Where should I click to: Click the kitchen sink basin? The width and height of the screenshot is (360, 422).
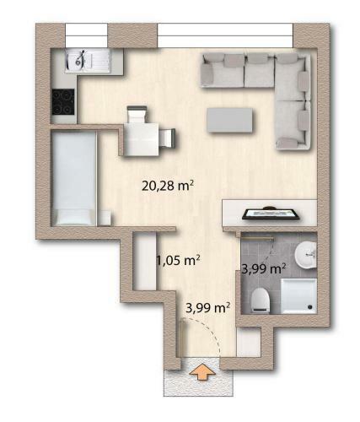[81, 59]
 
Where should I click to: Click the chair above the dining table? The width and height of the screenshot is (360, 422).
[136, 114]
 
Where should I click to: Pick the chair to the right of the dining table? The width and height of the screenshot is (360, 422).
[169, 138]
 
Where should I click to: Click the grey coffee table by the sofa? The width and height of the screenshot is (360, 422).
[232, 118]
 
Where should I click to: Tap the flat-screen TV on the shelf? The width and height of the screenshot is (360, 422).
[271, 213]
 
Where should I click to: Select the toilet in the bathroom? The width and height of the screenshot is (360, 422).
[260, 298]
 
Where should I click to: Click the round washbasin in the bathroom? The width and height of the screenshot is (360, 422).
[307, 251]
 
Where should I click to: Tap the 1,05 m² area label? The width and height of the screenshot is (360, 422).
[177, 260]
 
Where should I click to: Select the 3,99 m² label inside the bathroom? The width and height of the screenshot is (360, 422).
[263, 268]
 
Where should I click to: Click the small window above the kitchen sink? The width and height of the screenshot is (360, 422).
[86, 35]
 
